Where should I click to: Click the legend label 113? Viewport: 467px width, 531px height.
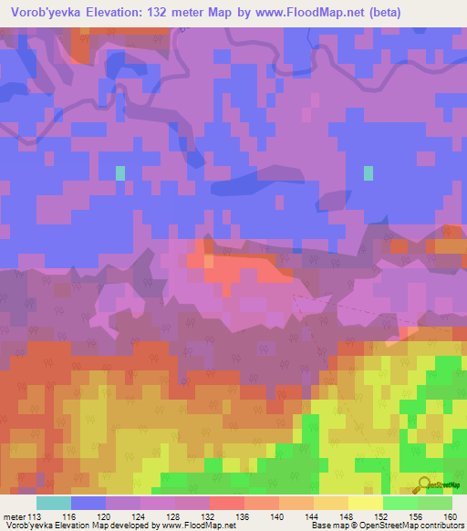tap(36, 517)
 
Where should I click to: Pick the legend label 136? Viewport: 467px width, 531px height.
tap(244, 517)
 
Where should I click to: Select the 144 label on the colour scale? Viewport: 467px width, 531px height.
tap(313, 517)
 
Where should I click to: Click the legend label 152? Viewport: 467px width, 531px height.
tap(382, 517)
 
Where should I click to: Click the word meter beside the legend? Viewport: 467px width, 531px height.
tap(13, 517)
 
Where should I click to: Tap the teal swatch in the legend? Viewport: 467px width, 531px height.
tap(54, 503)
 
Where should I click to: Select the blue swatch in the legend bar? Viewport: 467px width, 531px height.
tap(88, 503)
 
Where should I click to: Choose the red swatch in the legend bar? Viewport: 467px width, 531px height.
tap(227, 503)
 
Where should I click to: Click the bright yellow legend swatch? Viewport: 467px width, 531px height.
tap(366, 503)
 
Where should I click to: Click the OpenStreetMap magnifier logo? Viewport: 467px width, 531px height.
tap(424, 485)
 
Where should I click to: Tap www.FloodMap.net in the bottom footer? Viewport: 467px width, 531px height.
tap(191, 526)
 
